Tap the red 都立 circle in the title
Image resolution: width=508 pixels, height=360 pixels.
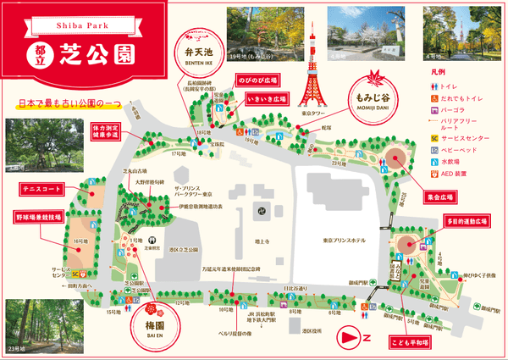coord(39,54)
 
